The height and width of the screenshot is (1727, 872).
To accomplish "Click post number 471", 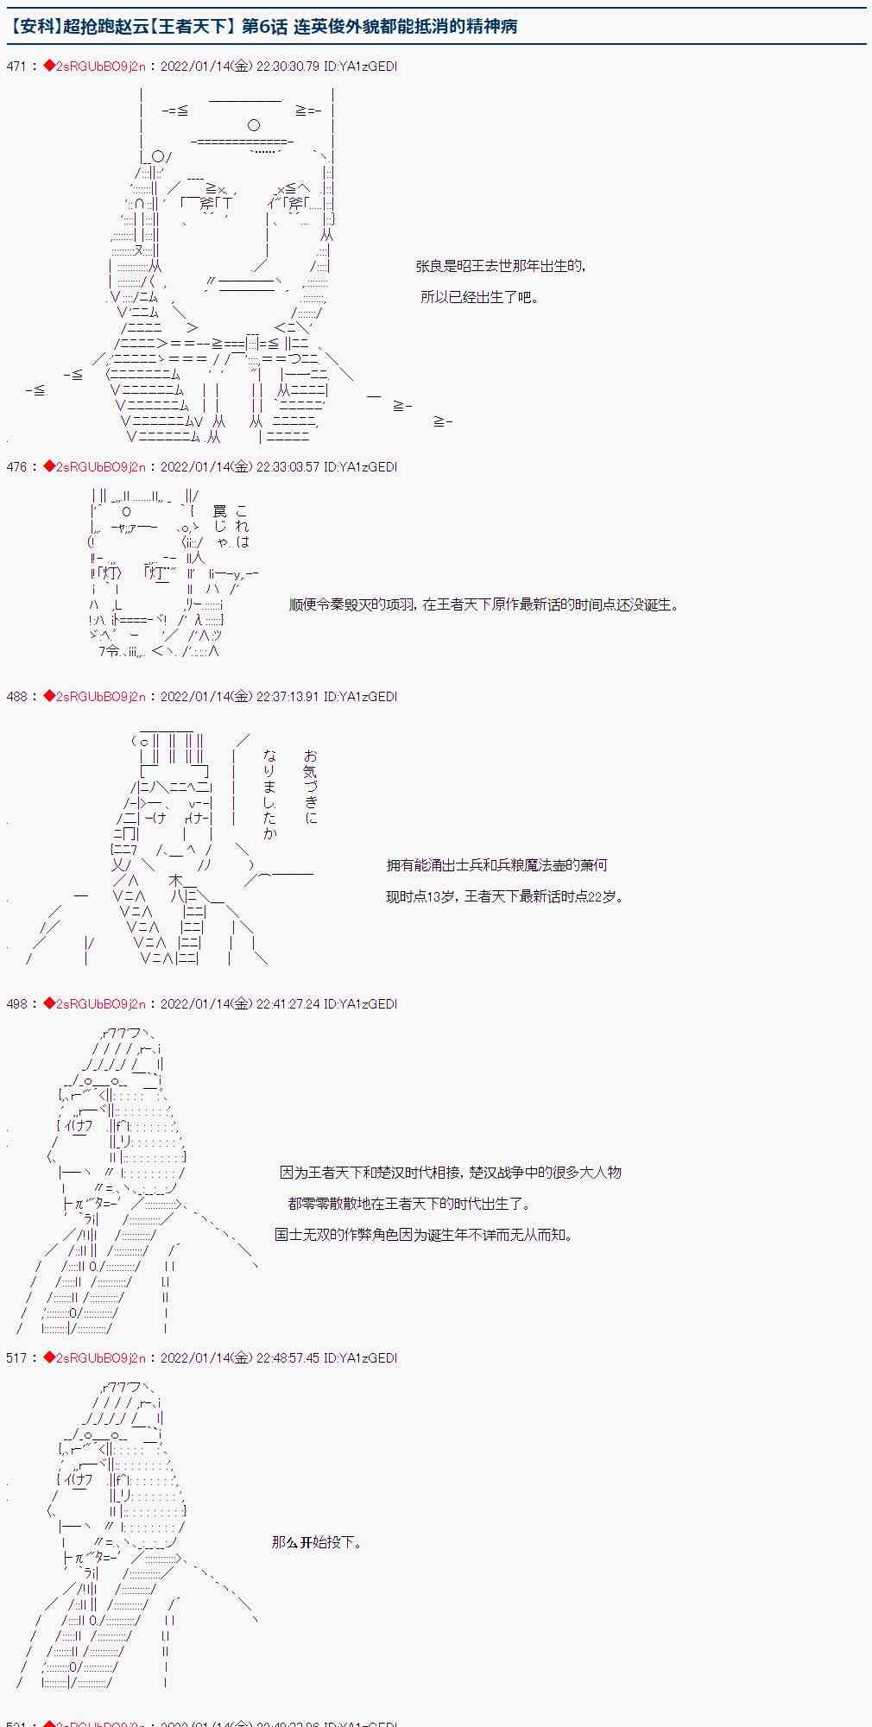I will [16, 66].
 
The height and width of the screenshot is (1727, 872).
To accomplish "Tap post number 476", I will [16, 467].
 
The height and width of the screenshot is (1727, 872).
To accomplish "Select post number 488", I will [16, 697].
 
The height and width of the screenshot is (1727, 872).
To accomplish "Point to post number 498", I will [16, 1004].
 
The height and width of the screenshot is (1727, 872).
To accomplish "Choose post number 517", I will [16, 1358].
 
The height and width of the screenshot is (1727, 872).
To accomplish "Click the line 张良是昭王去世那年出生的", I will [501, 266].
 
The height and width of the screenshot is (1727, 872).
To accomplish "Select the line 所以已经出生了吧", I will [480, 297].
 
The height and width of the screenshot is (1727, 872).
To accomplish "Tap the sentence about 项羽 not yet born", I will [483, 604].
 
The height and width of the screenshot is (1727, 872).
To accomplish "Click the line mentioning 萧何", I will [496, 865].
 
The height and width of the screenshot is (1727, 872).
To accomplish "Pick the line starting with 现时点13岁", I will [504, 896].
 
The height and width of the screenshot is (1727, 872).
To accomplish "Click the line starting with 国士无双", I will [424, 1235].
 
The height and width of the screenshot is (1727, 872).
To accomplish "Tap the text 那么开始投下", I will [317, 1542].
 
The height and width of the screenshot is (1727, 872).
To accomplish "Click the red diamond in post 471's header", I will [49, 66].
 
